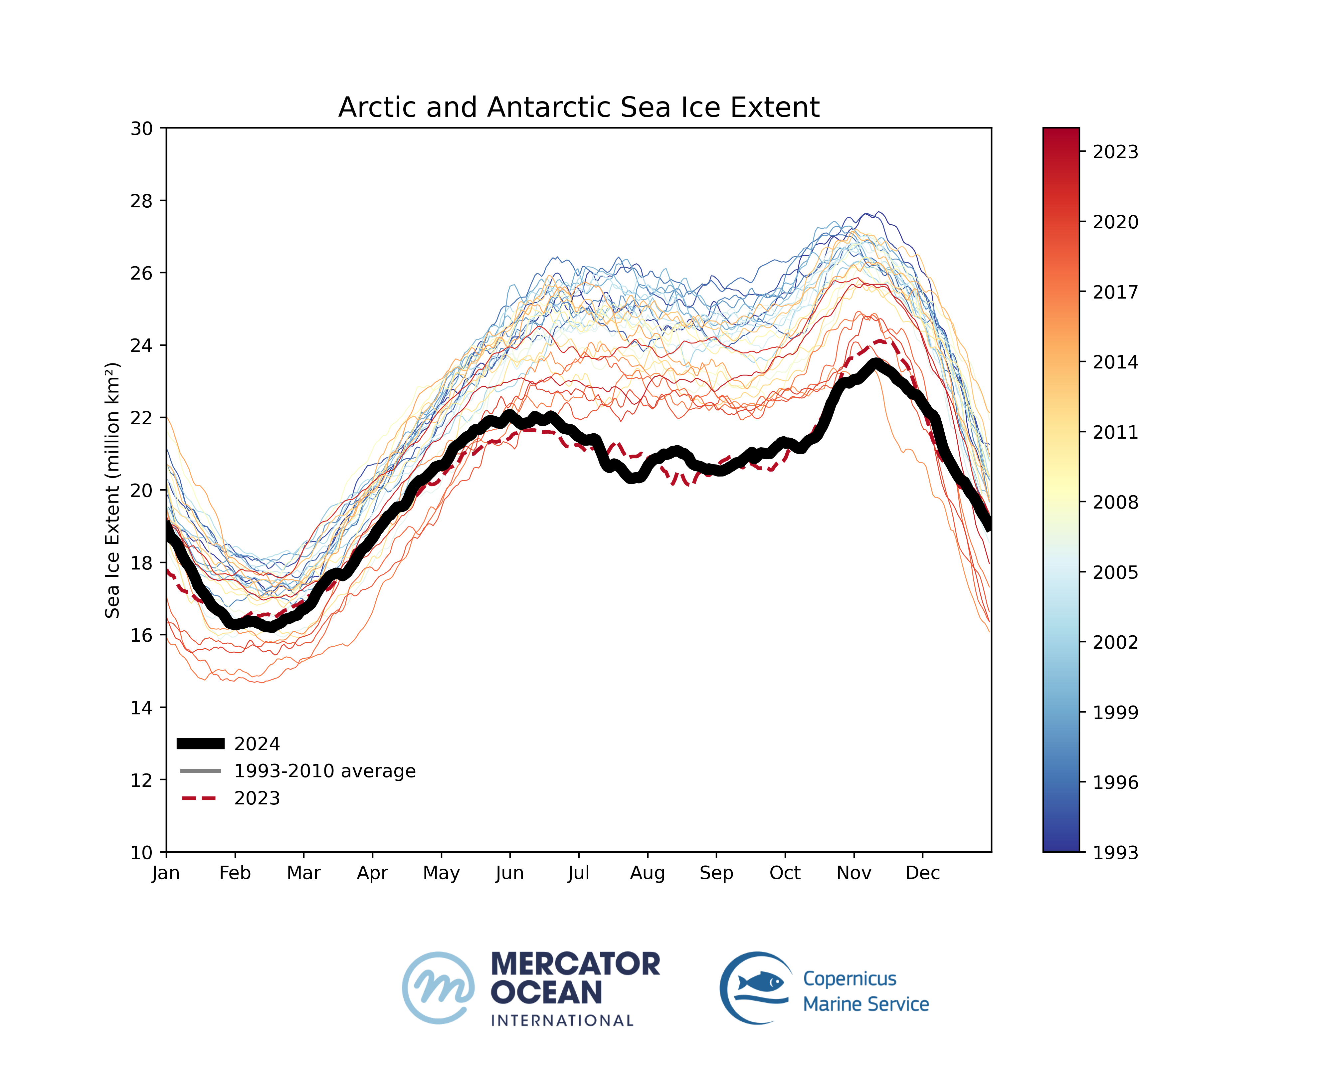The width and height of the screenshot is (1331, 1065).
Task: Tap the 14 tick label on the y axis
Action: (x=141, y=708)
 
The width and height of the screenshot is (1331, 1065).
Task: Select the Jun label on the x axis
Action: (x=509, y=873)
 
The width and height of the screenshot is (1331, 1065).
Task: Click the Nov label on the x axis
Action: (x=854, y=873)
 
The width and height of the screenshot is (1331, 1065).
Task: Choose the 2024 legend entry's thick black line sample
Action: (x=201, y=744)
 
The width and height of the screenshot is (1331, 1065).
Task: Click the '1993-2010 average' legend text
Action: (x=325, y=771)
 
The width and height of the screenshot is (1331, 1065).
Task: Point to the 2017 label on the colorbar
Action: (x=1115, y=292)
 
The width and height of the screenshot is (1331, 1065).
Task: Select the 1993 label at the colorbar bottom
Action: (x=1115, y=852)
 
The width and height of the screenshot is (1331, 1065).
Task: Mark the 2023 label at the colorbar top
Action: (x=1115, y=152)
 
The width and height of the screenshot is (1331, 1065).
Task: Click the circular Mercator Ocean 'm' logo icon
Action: (x=438, y=988)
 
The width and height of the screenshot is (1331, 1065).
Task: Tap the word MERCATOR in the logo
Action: (x=575, y=964)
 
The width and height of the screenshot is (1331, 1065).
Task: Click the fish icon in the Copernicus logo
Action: (x=761, y=982)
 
